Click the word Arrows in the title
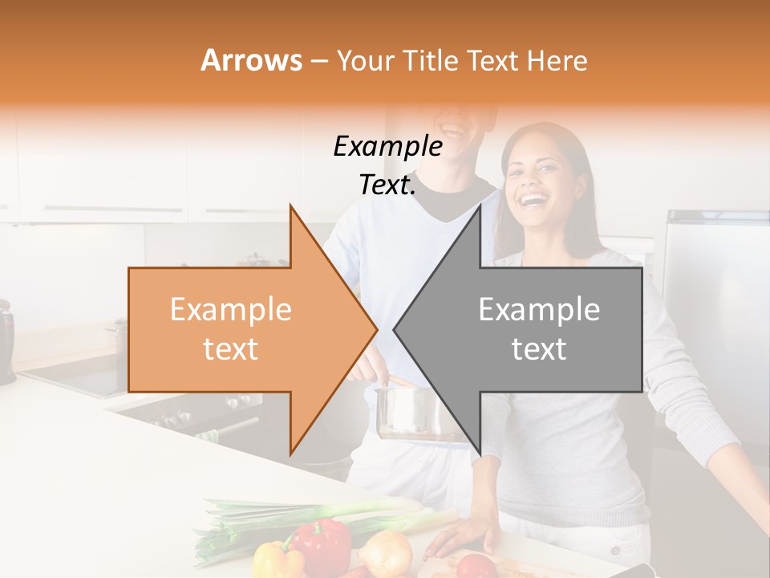(251, 60)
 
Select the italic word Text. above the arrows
(387, 185)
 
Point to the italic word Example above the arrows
(387, 147)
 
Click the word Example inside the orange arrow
(231, 310)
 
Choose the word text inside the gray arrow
(539, 349)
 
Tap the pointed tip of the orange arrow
(376, 329)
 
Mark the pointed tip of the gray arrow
(395, 329)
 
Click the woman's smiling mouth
(533, 196)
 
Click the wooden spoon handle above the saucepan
(398, 379)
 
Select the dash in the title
(318, 61)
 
